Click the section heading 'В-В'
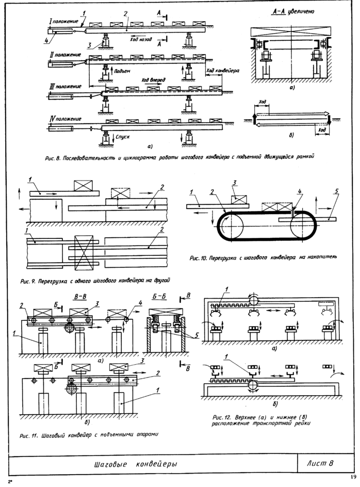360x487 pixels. (x=80, y=297)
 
